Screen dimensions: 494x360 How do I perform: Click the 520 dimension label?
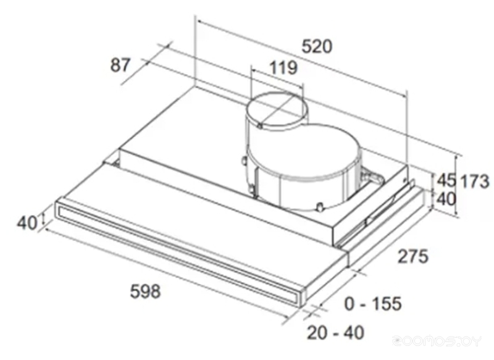pos(317,46)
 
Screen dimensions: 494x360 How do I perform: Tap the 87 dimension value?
pos(120,65)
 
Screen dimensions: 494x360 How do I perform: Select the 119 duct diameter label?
pos(283,68)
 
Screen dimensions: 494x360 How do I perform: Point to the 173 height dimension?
pos(475,182)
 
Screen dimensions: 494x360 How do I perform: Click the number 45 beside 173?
pos(446,180)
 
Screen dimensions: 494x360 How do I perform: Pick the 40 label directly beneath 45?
pos(446,199)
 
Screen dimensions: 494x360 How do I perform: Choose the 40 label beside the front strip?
pos(27,223)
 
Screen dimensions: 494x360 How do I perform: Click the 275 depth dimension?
pos(413,256)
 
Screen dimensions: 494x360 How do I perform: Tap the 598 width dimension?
pos(145,291)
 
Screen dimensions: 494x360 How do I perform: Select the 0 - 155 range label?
pos(373,304)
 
